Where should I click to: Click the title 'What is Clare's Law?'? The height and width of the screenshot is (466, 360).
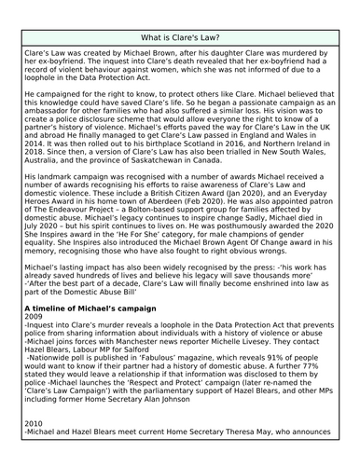pyautogui.click(x=180, y=37)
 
